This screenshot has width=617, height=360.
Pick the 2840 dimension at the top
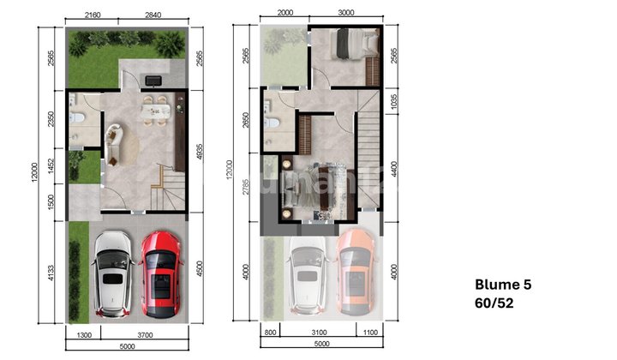[153, 15]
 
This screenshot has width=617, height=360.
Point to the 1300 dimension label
[84, 334]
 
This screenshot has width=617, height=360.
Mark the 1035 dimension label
[394, 101]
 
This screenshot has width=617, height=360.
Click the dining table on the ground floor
[155, 107]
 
